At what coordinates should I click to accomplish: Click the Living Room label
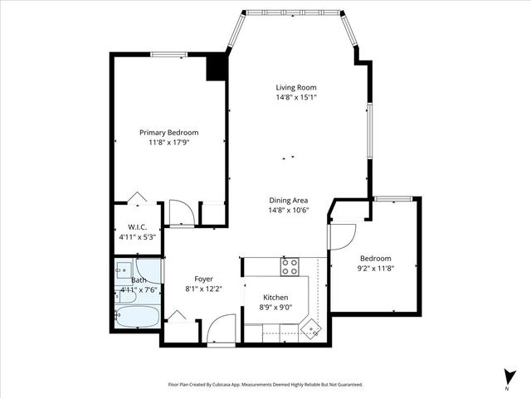pos(296,87)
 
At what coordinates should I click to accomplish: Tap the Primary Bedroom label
pos(168,133)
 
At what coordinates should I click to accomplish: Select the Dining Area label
pos(289,200)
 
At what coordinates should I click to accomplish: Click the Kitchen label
pos(275,297)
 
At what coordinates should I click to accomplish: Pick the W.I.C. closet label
pos(137,227)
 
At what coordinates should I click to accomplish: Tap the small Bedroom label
pos(374,258)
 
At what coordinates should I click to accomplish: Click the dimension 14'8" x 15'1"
pos(296,98)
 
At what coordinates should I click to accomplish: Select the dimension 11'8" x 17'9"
pos(168,143)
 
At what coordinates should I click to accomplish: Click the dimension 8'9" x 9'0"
pos(275,308)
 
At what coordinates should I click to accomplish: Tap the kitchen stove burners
pos(290,267)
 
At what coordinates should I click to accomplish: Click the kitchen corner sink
pos(310,328)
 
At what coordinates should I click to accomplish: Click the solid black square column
pos(216,67)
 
